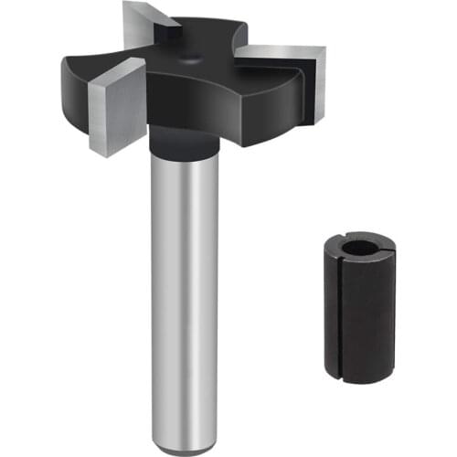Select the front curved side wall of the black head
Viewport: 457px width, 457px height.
(x=210, y=114)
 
